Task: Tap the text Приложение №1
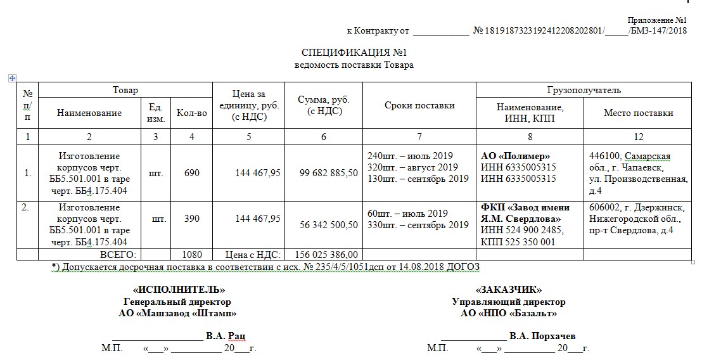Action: coord(657,20)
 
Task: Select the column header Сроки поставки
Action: coord(419,106)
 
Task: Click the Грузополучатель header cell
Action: coord(584,90)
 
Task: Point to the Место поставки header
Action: coord(638,113)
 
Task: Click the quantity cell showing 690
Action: coord(192,172)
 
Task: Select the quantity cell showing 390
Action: coord(192,219)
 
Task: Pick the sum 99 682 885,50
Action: coord(325,172)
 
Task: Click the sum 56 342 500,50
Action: coord(325,224)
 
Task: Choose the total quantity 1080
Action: coord(192,254)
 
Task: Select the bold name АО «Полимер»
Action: coord(516,156)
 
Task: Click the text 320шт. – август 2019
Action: coord(412,167)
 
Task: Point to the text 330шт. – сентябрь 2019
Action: coord(418,225)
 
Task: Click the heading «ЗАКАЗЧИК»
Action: coord(508,290)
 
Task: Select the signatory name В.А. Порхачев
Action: coord(542,336)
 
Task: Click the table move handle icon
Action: coord(11,78)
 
